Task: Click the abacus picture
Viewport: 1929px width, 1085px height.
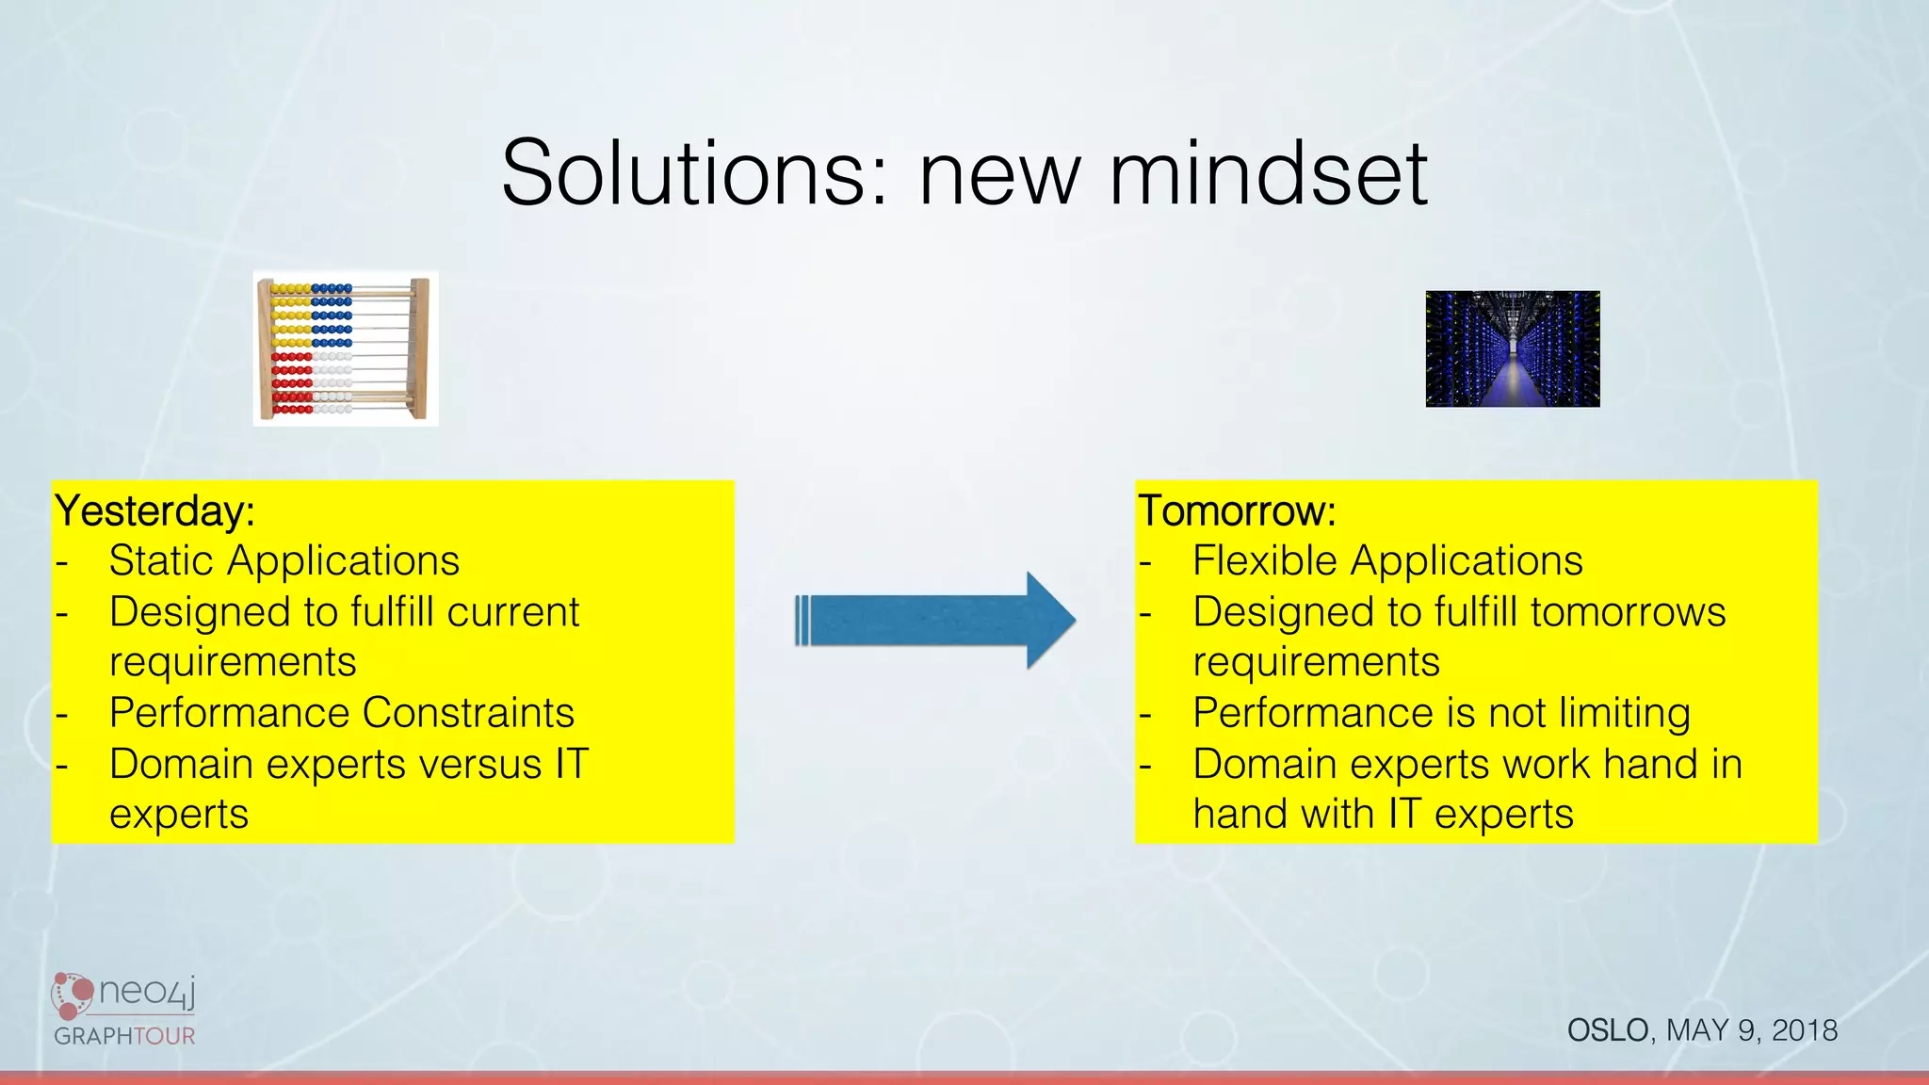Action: tap(346, 348)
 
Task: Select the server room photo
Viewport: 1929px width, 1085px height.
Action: tap(1512, 348)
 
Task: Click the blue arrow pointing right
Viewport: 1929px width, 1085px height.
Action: tap(934, 621)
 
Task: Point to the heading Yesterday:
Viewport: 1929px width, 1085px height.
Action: tap(154, 511)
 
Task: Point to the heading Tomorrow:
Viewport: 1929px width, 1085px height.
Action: tap(1237, 511)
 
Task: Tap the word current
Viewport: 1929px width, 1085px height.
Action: tap(513, 612)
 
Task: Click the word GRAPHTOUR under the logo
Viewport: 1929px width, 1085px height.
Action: tap(124, 1036)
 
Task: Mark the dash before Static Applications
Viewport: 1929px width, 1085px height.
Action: tap(62, 563)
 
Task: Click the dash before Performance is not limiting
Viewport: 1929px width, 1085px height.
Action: tap(1145, 715)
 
